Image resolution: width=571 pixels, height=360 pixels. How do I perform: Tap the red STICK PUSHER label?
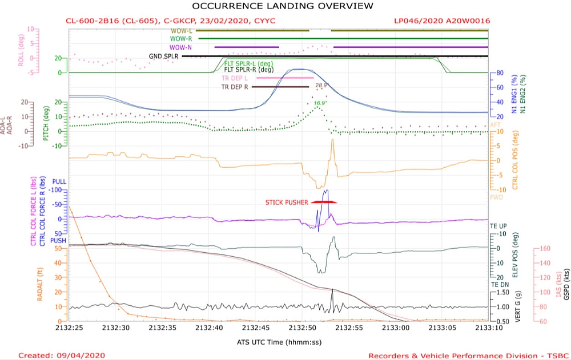click(x=286, y=203)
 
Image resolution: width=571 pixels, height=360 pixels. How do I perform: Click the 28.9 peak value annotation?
click(x=321, y=86)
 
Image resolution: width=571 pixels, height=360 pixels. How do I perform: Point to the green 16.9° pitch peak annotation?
click(x=320, y=103)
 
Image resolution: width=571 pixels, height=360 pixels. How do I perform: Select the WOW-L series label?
click(x=181, y=31)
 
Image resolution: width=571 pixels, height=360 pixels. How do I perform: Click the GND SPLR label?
click(x=163, y=56)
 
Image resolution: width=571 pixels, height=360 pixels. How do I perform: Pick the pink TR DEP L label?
click(x=235, y=78)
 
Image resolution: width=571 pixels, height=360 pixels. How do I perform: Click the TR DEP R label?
click(x=235, y=87)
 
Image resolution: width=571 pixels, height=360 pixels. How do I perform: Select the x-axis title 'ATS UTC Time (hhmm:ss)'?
click(x=274, y=342)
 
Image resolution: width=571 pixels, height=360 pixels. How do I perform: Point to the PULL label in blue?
click(x=59, y=181)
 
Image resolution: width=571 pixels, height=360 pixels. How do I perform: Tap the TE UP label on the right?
click(x=498, y=226)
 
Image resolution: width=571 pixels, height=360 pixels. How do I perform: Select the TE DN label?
click(x=498, y=284)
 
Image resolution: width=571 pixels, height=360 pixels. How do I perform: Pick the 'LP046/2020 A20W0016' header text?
click(x=442, y=21)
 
